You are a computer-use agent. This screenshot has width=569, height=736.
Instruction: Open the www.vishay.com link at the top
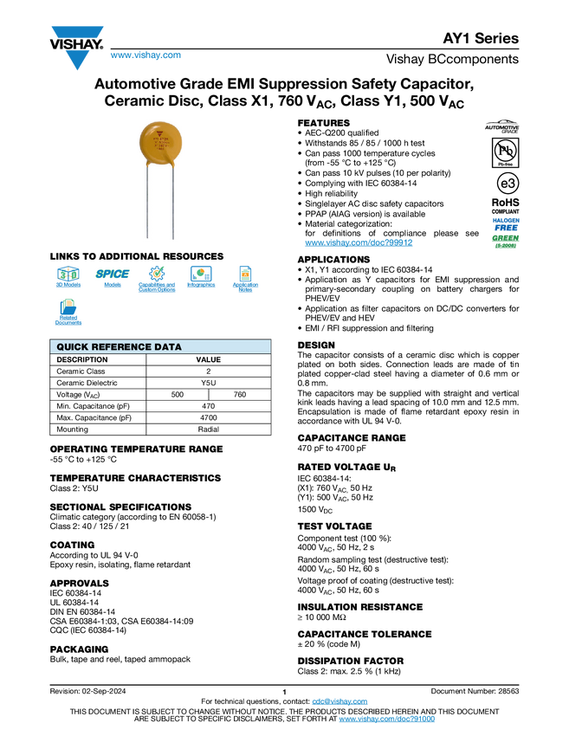pyautogui.click(x=145, y=56)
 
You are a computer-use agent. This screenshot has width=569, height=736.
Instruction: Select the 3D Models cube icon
pyautogui.click(x=68, y=273)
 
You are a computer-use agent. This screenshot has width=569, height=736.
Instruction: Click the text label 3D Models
pyautogui.click(x=68, y=285)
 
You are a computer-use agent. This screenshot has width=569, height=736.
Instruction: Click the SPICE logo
pyautogui.click(x=113, y=274)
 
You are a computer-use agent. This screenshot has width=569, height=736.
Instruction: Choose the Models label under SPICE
pyautogui.click(x=113, y=285)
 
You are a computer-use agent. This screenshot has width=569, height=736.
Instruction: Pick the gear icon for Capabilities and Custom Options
pyautogui.click(x=157, y=272)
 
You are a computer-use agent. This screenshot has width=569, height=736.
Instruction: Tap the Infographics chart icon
pyautogui.click(x=201, y=273)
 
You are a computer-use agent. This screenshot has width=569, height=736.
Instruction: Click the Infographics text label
pyautogui.click(x=201, y=285)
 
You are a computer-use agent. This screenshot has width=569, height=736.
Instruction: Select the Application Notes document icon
pyautogui.click(x=245, y=273)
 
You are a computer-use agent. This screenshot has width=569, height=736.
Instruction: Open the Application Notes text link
pyautogui.click(x=245, y=287)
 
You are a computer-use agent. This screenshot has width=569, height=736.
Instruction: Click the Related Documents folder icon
pyautogui.click(x=68, y=306)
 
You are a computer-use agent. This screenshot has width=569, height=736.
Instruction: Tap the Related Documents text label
pyautogui.click(x=68, y=320)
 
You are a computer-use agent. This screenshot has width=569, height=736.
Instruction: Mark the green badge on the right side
pyautogui.click(x=506, y=240)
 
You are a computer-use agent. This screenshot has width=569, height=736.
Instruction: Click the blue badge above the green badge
pyautogui.click(x=506, y=223)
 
